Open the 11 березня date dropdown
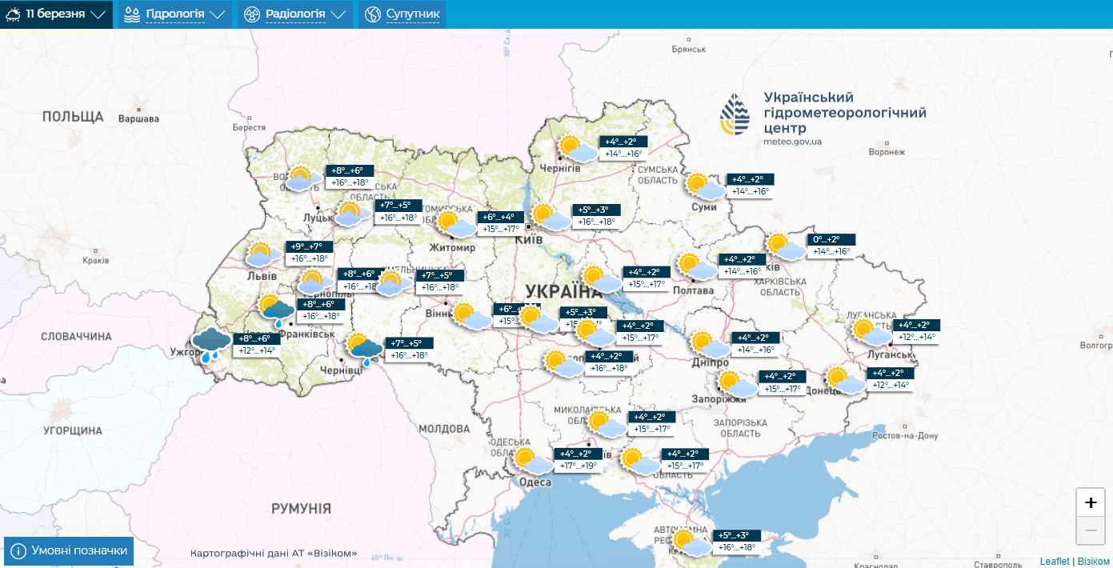(x=56, y=14)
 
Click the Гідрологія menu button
(x=175, y=14)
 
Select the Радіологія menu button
(x=295, y=14)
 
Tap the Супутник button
(x=402, y=14)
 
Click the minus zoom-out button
(x=1090, y=530)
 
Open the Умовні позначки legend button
(x=69, y=551)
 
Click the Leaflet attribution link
(x=1054, y=562)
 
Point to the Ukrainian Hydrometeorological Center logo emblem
(x=736, y=115)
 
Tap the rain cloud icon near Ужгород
(x=212, y=344)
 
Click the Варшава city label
(x=138, y=119)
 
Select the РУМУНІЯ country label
(x=301, y=508)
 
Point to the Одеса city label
(x=534, y=482)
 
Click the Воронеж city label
(x=886, y=152)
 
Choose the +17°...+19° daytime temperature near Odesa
(x=579, y=466)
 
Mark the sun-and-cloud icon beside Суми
(x=704, y=186)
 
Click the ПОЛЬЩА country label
(x=73, y=117)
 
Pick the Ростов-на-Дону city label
(x=905, y=435)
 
